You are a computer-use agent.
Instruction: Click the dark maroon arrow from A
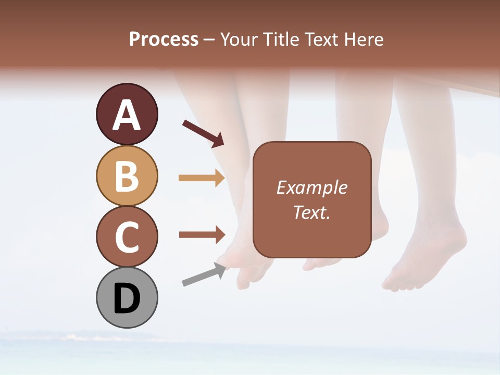203,133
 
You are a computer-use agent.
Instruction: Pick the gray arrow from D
204,275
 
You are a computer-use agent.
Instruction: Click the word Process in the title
164,39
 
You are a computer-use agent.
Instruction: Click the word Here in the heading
364,39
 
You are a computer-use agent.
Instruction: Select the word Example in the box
311,187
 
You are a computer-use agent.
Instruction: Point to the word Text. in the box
311,212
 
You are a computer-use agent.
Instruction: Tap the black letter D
127,299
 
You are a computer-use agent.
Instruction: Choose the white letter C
127,237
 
